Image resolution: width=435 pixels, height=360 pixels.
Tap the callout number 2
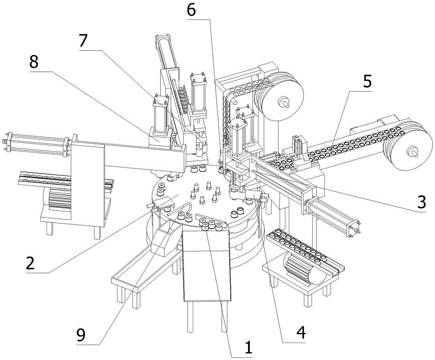[x=30, y=263]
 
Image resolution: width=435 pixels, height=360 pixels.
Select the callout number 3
[x=421, y=202]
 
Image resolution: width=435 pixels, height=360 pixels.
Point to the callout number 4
[x=301, y=332]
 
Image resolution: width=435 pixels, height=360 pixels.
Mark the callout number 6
[x=191, y=10]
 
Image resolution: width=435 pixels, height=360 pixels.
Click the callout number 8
[x=34, y=62]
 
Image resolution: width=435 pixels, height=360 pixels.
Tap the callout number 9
[x=81, y=336]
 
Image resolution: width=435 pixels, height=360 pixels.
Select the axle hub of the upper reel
[x=283, y=101]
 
